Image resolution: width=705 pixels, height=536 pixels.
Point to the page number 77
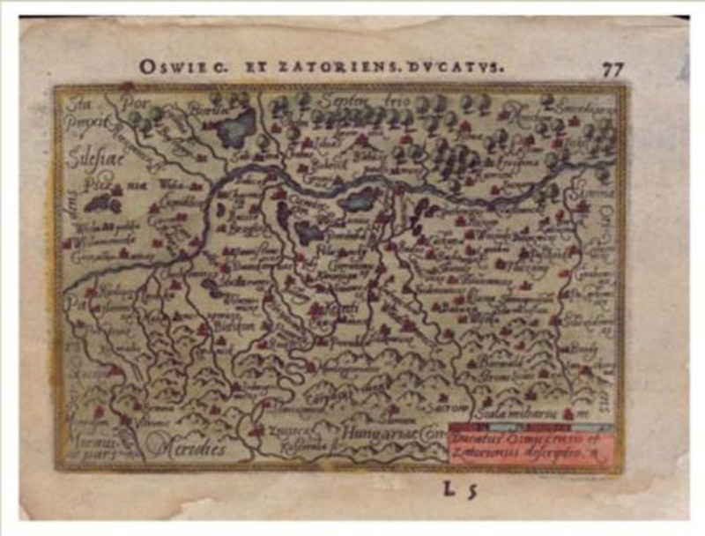pos(613,70)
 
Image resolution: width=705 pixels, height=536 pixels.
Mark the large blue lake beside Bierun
pos(237,129)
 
